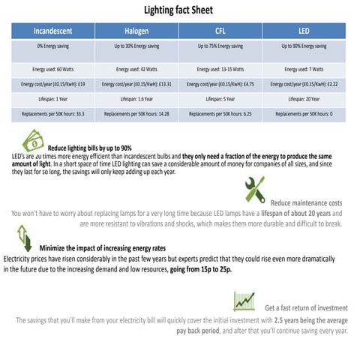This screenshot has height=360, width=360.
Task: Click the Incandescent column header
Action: click(x=53, y=31)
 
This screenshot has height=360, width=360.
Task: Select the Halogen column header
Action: click(x=136, y=31)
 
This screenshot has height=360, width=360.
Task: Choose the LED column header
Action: click(x=304, y=31)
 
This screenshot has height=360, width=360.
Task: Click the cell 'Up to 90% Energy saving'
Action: click(x=304, y=46)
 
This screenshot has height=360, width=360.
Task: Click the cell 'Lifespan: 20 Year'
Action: click(x=304, y=98)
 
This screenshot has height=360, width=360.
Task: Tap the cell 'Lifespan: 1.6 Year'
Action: click(x=136, y=98)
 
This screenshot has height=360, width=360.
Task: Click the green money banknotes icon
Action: click(x=33, y=141)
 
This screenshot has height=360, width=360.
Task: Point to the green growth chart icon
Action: click(x=244, y=300)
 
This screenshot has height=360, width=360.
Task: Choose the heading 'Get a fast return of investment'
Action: click(x=306, y=307)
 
